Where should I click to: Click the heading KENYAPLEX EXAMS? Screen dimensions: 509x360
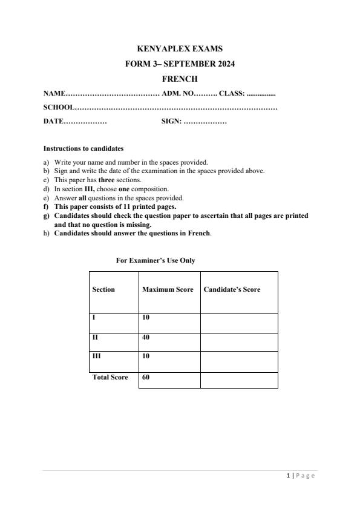180,49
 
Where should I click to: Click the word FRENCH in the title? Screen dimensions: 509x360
180,79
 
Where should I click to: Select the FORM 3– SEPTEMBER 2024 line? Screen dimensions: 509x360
180,64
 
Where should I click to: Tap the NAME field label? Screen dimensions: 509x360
54,93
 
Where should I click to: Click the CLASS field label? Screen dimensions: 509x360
231,93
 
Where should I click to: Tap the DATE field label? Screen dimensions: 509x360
53,122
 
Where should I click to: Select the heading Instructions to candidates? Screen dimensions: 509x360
83,148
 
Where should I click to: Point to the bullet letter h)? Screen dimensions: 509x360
47,234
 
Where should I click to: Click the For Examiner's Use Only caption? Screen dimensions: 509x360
155,260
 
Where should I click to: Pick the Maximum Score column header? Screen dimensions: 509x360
168,289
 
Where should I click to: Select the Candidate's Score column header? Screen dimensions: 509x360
232,289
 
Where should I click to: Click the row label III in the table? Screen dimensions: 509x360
96,356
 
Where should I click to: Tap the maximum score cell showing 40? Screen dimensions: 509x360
146,337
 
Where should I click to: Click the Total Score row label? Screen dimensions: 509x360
110,377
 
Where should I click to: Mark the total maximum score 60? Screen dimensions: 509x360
146,377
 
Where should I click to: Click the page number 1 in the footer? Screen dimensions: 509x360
288,476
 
